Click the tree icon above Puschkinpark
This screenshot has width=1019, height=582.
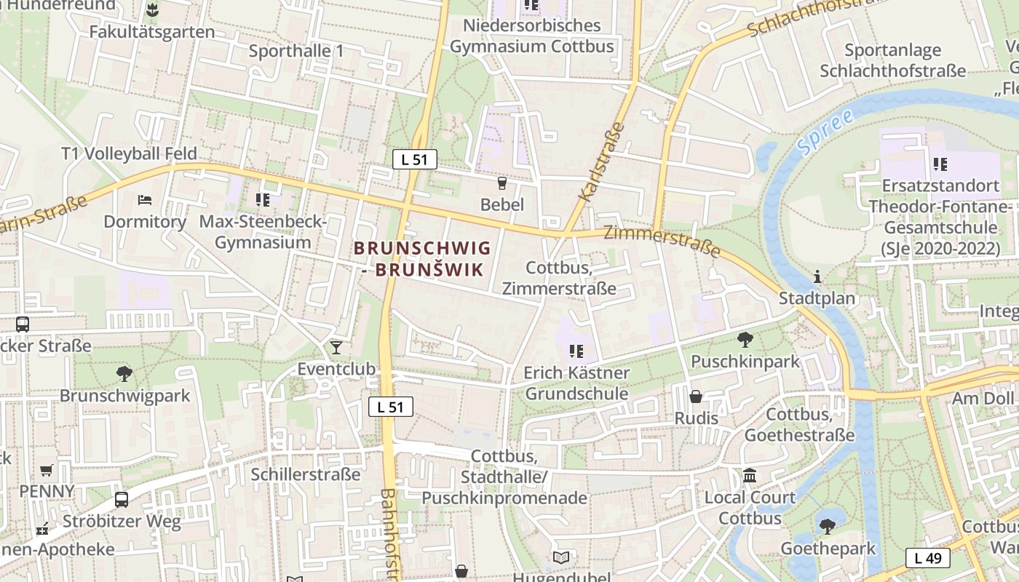coord(745,339)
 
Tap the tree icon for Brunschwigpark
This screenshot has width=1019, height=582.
coord(124,374)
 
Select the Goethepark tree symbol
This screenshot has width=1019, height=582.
coord(828,526)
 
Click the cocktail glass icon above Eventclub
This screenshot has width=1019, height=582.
coord(336,347)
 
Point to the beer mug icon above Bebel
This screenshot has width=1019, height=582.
coord(501,183)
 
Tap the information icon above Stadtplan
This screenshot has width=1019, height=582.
coord(817,276)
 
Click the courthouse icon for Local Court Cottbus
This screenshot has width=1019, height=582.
coord(749,476)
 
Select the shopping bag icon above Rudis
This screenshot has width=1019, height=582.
coord(696,396)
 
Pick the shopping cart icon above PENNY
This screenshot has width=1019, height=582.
coord(47,470)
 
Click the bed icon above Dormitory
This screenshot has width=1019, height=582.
coord(145,199)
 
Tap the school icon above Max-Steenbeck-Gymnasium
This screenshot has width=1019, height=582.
coord(263,199)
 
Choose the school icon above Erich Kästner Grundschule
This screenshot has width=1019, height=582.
coord(576,351)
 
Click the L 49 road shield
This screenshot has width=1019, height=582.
coord(928,558)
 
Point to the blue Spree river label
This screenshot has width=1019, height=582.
coord(824,133)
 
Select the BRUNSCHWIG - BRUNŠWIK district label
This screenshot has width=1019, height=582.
coord(422,259)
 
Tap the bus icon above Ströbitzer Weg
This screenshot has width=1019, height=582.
coord(122,500)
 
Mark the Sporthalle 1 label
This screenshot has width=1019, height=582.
coord(296,51)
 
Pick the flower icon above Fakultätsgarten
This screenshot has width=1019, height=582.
coord(152,10)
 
